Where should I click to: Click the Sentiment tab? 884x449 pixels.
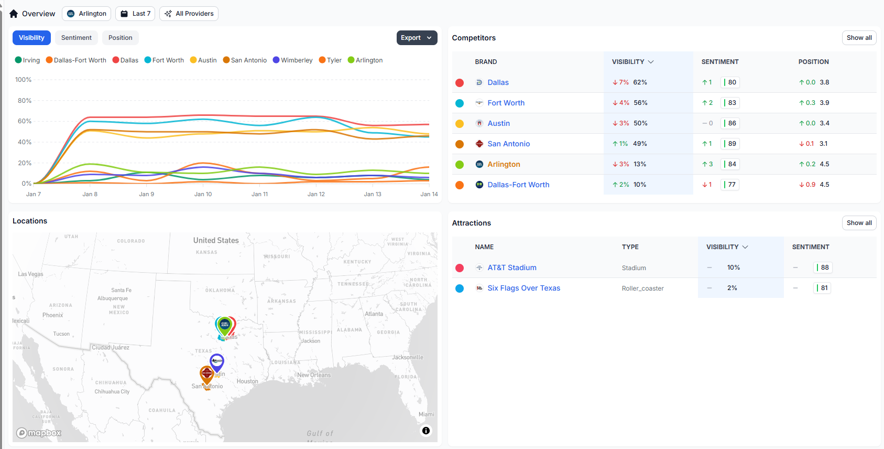tap(76, 38)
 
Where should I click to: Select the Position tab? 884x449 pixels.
tap(120, 38)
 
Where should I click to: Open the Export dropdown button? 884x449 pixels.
tap(417, 38)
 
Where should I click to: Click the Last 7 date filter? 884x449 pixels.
tap(135, 14)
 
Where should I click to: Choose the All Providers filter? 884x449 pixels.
tap(189, 14)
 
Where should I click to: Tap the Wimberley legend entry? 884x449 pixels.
tap(292, 60)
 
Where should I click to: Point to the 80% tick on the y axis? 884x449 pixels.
tap(25, 101)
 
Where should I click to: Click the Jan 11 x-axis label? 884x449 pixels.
tap(259, 194)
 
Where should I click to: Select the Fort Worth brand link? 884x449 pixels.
tap(506, 103)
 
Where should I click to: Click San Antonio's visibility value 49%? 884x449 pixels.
tap(640, 144)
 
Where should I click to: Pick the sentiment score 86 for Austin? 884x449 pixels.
tap(732, 123)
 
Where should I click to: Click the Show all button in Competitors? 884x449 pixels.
tap(859, 38)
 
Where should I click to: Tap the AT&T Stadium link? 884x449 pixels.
tap(511, 268)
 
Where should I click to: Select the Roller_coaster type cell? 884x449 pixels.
tap(642, 288)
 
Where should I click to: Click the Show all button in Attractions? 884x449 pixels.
tap(859, 223)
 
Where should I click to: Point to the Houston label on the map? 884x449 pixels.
tap(247, 381)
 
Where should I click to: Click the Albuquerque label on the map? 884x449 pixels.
tap(112, 298)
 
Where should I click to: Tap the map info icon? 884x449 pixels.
tap(426, 431)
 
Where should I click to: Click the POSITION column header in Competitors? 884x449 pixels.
tap(813, 62)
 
